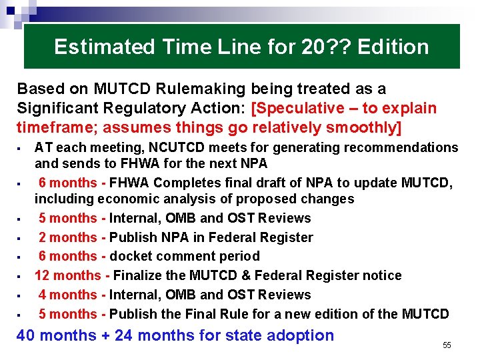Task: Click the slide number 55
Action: [447, 345]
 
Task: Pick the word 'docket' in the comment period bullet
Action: [131, 256]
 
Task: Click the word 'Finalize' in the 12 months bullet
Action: [141, 275]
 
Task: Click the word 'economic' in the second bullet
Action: [125, 199]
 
